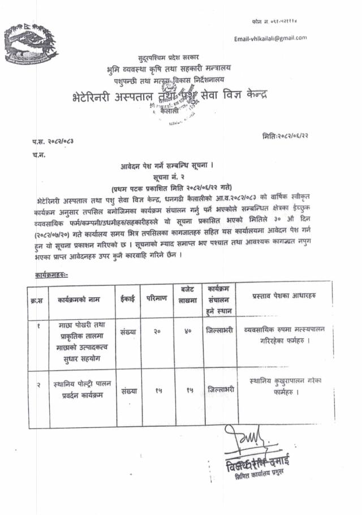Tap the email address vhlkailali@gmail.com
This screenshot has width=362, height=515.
(x=270, y=38)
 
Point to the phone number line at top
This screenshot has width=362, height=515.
(x=274, y=20)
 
